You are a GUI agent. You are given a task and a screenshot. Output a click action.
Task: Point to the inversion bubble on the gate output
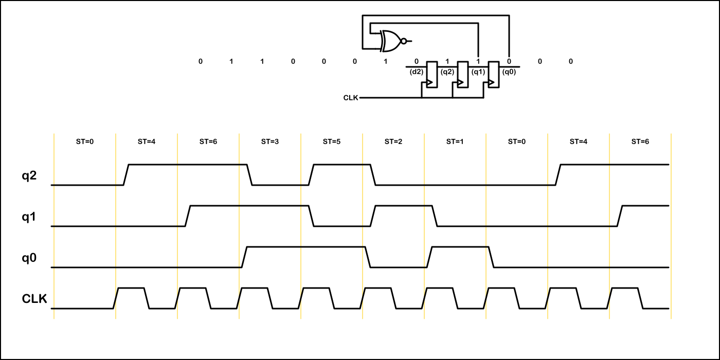point(404,41)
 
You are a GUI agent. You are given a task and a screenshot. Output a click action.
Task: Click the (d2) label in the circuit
point(416,72)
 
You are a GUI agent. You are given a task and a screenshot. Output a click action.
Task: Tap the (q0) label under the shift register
point(509,72)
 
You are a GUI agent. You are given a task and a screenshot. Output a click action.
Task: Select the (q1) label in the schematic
point(478,72)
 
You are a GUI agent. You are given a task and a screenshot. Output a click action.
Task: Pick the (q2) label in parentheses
point(447,72)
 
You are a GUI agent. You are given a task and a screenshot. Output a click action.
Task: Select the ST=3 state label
point(270,141)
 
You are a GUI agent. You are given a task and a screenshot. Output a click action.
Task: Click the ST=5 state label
point(332,141)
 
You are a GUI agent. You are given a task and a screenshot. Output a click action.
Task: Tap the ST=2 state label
point(393,141)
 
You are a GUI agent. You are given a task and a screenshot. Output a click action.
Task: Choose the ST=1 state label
point(455,141)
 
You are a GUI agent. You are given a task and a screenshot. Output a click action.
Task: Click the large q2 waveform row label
point(29,176)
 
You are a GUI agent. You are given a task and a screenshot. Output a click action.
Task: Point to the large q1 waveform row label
point(29,217)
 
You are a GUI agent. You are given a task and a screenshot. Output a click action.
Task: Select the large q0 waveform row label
point(29,258)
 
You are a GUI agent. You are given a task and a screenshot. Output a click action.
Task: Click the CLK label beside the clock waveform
point(34,299)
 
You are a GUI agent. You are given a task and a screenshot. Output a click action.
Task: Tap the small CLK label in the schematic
point(351,98)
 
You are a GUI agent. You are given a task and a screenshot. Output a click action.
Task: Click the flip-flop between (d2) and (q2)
point(432,75)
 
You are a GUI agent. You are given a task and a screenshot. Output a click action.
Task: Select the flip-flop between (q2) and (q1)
point(463,75)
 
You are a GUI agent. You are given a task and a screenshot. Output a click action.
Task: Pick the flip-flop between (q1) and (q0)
point(494,75)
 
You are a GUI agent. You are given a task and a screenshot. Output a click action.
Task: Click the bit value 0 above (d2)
point(416,62)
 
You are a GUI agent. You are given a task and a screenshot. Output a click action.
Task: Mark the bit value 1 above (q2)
point(447,62)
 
